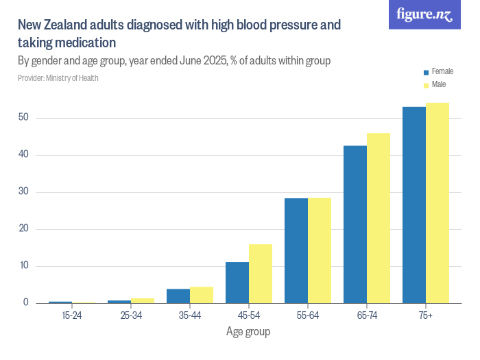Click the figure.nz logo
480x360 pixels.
(424, 14)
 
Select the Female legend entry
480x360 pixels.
(438, 71)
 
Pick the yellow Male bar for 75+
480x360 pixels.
(437, 203)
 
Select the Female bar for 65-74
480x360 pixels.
(355, 224)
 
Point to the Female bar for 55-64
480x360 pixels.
(296, 250)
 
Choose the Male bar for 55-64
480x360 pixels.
(320, 250)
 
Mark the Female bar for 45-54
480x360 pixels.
(237, 282)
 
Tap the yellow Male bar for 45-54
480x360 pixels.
(261, 274)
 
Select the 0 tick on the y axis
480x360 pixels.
(26, 303)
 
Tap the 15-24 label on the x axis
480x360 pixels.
(71, 315)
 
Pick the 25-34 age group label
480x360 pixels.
(130, 315)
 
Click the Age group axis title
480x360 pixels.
(248, 332)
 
